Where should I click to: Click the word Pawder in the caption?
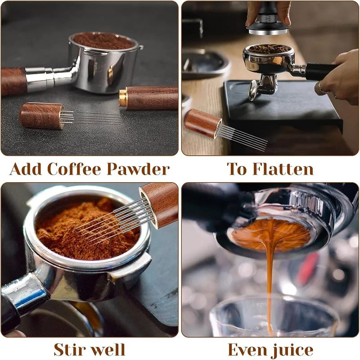tap(138, 169)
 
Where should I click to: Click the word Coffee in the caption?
tap(74, 169)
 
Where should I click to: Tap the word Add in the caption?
tap(26, 169)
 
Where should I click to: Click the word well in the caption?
tap(107, 350)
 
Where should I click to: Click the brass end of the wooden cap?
tap(123, 98)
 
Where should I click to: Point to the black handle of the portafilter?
tap(321, 72)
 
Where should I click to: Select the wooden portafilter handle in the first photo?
tap(13, 81)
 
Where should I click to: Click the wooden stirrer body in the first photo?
tap(41, 116)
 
